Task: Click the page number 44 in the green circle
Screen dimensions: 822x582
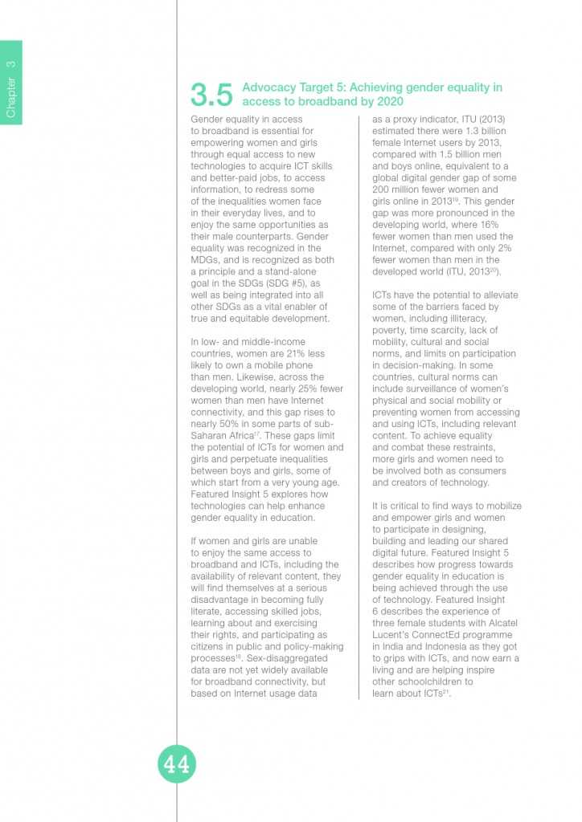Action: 177,765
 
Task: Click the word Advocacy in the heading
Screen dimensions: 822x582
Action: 269,87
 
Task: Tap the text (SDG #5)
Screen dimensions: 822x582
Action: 297,283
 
